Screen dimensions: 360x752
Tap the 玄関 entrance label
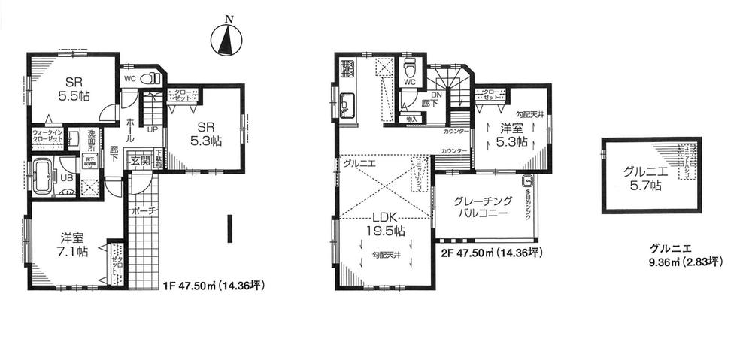[x=141, y=160]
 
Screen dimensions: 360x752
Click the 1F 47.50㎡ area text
[x=213, y=286]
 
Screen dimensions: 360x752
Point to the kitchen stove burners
[x=347, y=70]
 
